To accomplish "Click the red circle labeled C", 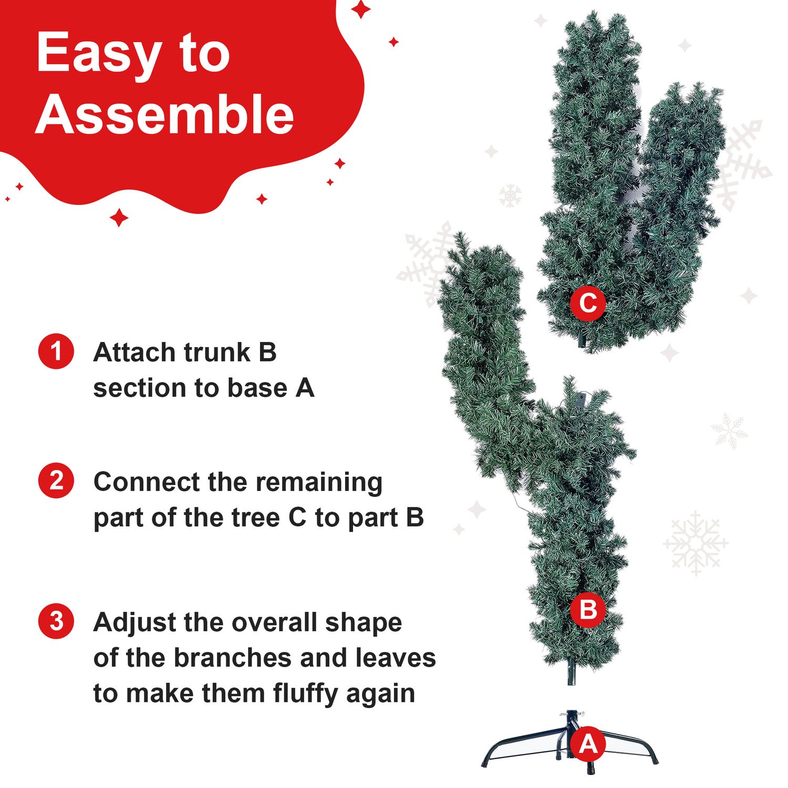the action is point(588,303).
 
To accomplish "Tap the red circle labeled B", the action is point(588,610).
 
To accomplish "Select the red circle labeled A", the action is point(588,744).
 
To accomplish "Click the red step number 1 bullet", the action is point(56,351).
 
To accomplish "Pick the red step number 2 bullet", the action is point(56,480).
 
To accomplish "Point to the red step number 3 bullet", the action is point(56,621).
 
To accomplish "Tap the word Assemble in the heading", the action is point(165,114).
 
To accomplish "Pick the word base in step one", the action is point(258,388).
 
